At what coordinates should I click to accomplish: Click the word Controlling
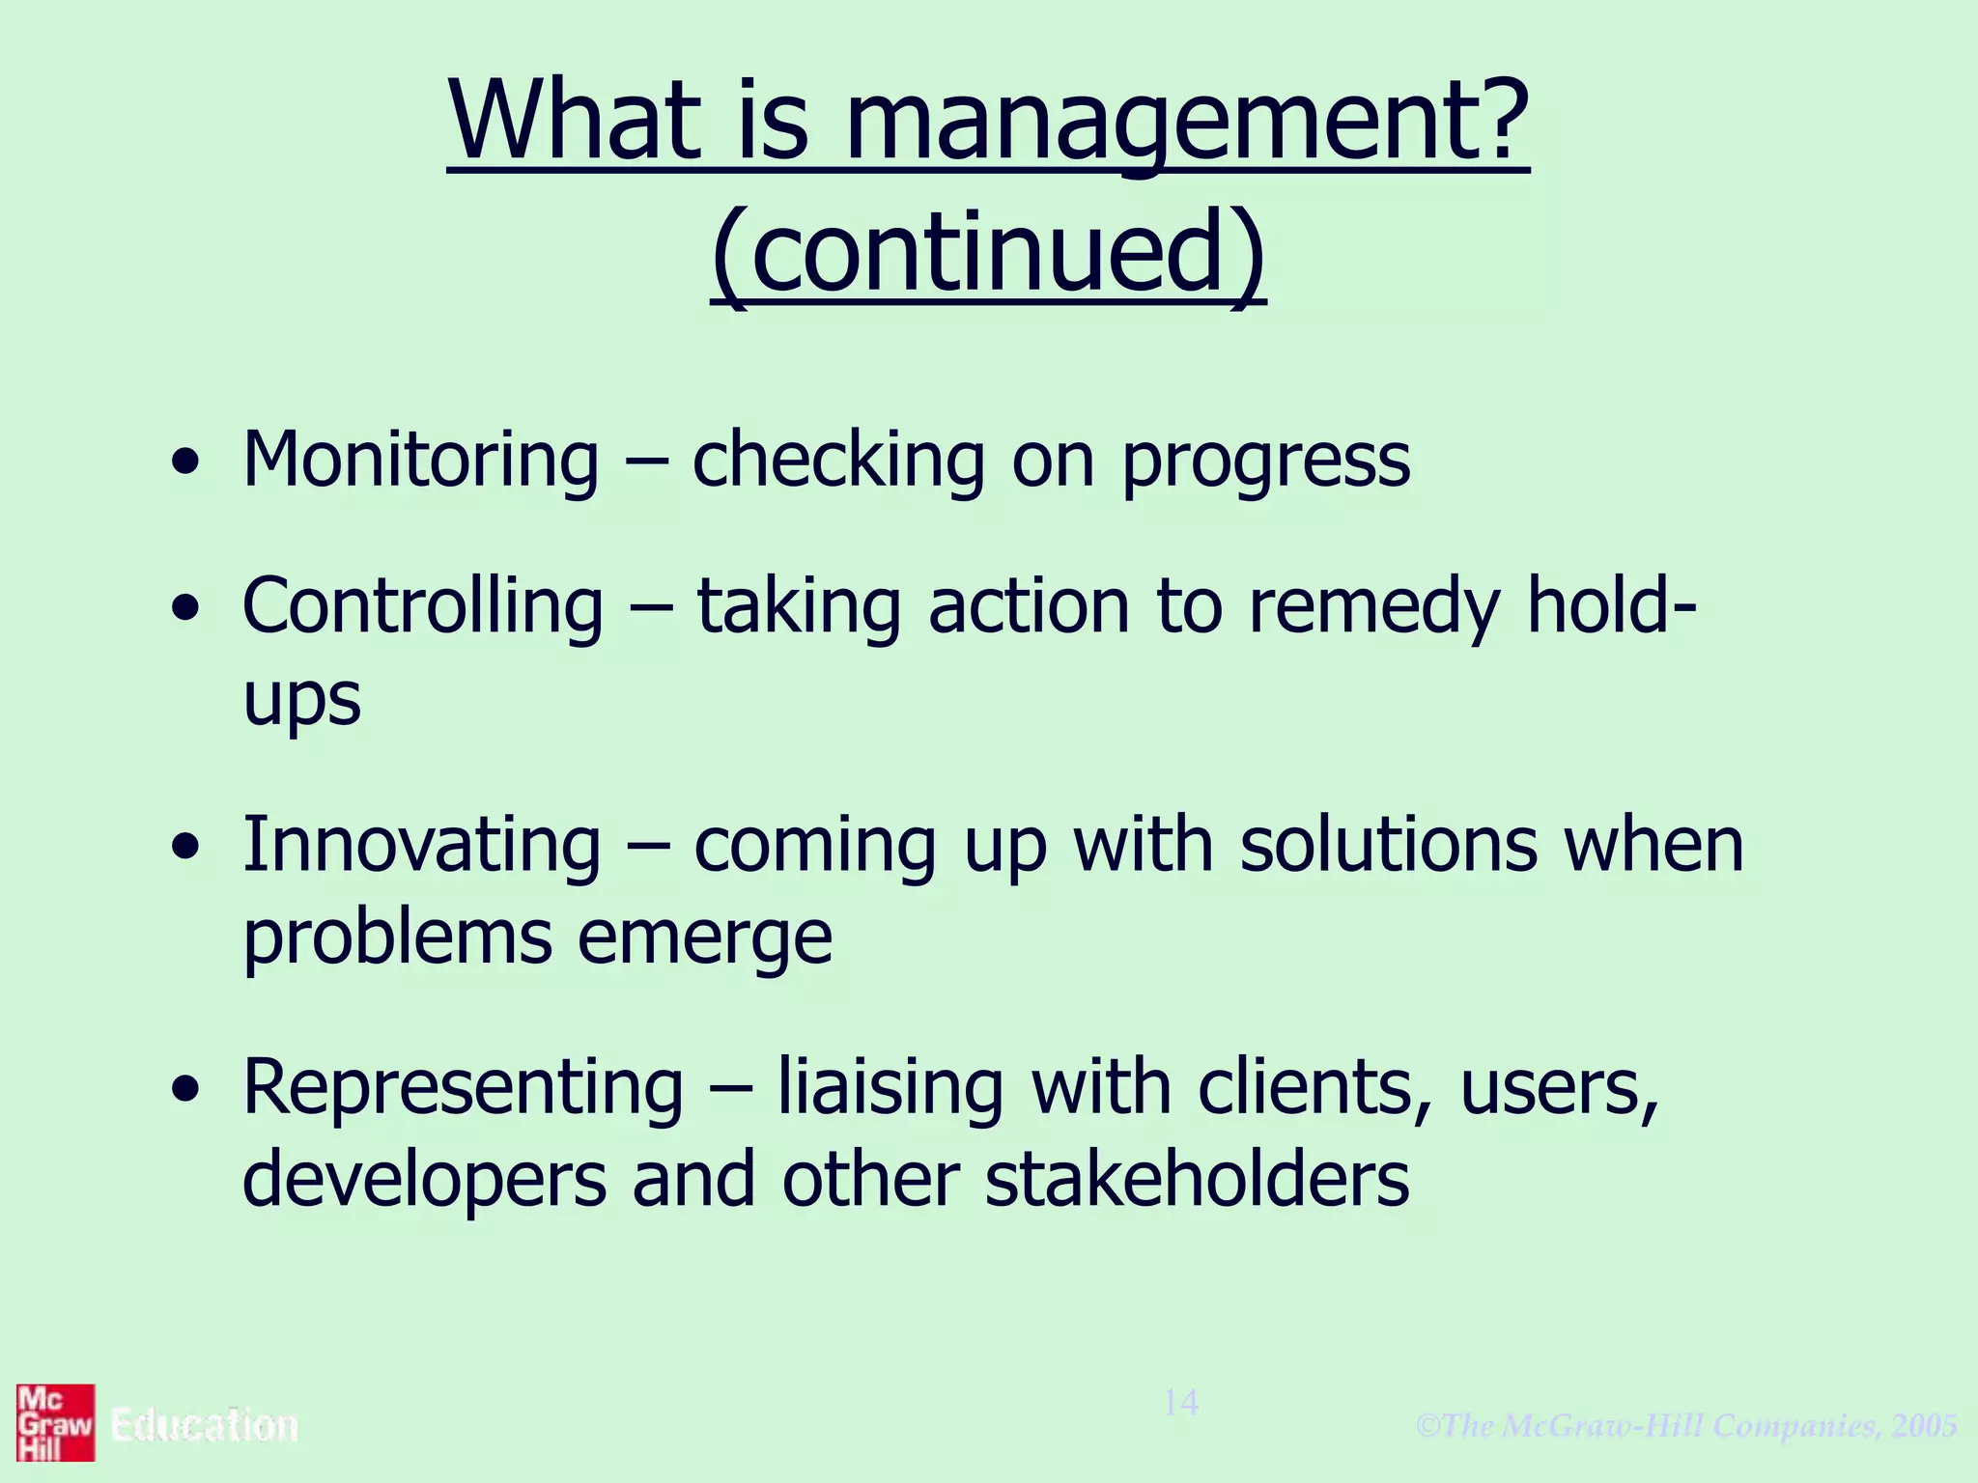(x=423, y=606)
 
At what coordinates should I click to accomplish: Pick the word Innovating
(x=421, y=845)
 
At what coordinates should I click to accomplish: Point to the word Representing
(x=463, y=1088)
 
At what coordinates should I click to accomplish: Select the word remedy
(x=1374, y=608)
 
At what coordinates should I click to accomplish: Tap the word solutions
(x=1389, y=845)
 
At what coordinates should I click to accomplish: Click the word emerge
(x=705, y=939)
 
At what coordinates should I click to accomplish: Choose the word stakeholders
(x=1197, y=1180)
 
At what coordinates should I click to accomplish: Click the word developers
(x=424, y=1182)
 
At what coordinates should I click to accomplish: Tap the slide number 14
(x=1180, y=1403)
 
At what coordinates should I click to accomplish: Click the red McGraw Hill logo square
(x=56, y=1422)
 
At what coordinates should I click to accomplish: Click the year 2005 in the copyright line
(x=1925, y=1426)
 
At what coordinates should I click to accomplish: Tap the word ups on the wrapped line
(x=302, y=699)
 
